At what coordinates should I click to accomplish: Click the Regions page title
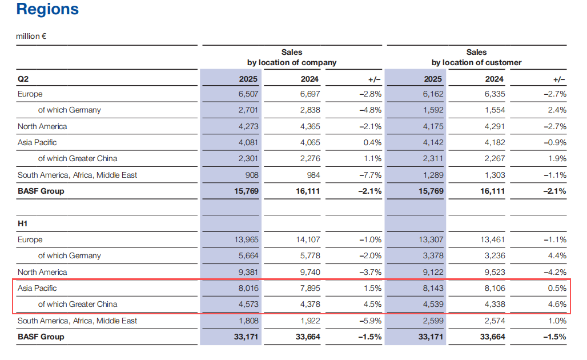click(x=48, y=10)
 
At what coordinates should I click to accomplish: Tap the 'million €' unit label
click(x=31, y=36)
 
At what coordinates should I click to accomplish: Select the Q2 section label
click(x=23, y=79)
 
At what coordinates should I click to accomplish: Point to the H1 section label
click(x=23, y=224)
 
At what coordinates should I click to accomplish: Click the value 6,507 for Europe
click(x=247, y=94)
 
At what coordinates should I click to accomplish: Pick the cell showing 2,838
click(x=309, y=110)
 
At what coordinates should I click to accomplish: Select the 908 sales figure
click(x=251, y=175)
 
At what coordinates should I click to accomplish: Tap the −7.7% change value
click(x=370, y=175)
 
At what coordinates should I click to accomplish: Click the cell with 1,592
click(x=432, y=110)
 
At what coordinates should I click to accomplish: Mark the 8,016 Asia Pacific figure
click(x=247, y=289)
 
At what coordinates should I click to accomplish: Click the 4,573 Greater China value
click(x=247, y=305)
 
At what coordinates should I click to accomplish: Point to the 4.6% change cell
click(x=556, y=305)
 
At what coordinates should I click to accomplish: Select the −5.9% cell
click(x=370, y=321)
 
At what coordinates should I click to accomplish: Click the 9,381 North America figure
click(x=247, y=272)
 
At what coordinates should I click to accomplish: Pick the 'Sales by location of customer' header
click(x=476, y=57)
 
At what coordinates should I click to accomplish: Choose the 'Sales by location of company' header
click(x=292, y=57)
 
